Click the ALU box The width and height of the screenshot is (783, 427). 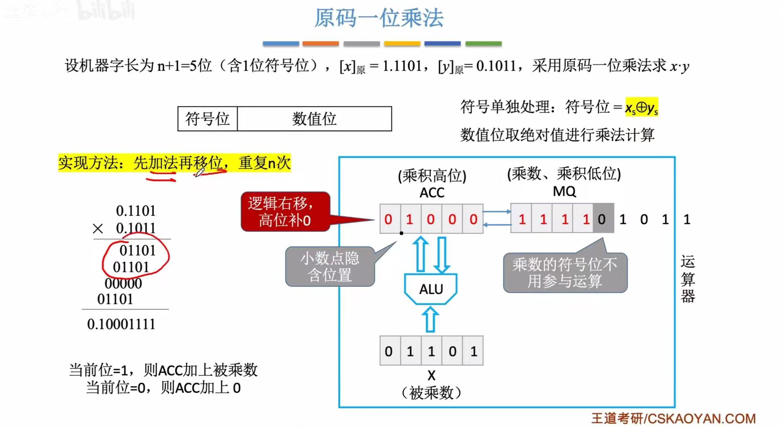coord(431,289)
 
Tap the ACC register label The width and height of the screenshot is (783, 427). coord(432,193)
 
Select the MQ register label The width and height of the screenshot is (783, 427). coord(564,192)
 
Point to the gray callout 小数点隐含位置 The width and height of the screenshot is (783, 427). coord(330,267)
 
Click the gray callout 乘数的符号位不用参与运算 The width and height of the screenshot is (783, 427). coord(565,273)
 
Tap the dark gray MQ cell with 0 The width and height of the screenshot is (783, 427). coord(602,219)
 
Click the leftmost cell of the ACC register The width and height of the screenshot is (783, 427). coord(389,219)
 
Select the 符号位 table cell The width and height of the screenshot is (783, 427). coord(207,119)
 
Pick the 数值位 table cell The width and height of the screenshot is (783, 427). coord(314,119)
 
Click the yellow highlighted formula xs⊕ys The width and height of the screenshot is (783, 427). coord(641,107)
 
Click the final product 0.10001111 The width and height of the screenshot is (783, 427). coord(121,324)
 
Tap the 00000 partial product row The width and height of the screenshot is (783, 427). coord(123,283)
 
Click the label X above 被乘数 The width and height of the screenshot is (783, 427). coord(431,375)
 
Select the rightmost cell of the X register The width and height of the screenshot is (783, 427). coord(474,351)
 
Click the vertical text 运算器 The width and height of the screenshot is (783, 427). coord(687,279)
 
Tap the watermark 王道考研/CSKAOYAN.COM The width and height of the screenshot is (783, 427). coord(673,419)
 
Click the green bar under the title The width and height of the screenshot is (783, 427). coord(483,44)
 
